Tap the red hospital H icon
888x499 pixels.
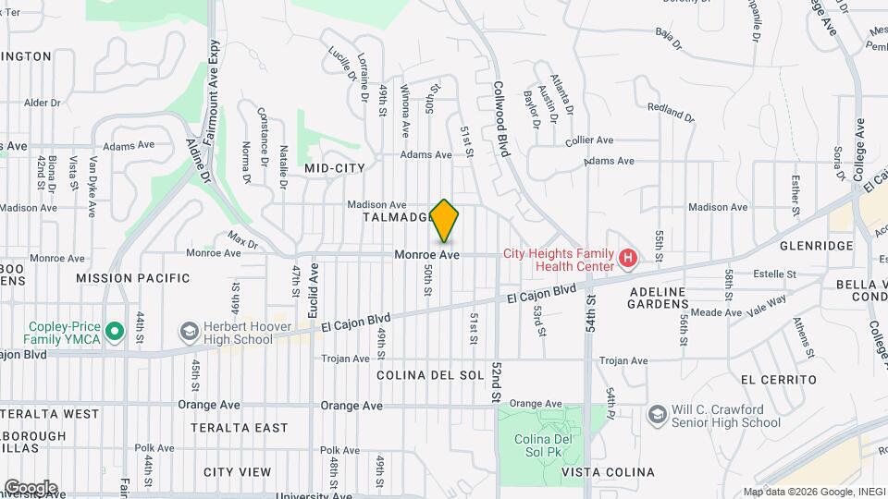pos(628,258)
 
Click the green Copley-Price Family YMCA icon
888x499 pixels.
pos(115,330)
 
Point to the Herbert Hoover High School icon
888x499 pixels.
pos(190,331)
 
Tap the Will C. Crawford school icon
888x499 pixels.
pos(657,413)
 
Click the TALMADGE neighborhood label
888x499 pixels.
pos(399,217)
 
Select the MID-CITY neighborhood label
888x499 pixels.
pos(334,167)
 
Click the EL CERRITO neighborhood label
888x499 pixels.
pos(778,380)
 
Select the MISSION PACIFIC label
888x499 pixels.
pos(132,277)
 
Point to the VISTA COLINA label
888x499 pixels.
pos(608,472)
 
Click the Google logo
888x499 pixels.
pos(30,487)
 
